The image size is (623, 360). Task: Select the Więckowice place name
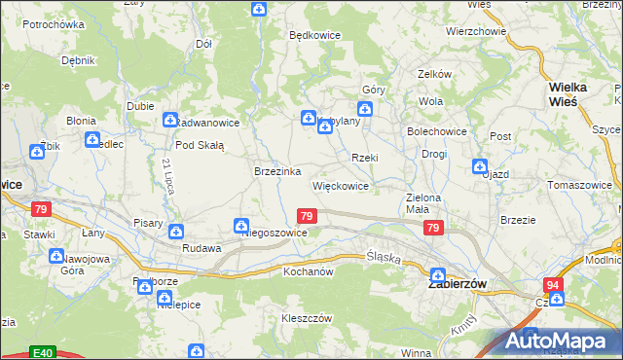click(340, 185)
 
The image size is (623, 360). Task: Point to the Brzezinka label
click(275, 170)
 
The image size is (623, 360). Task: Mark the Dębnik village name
click(77, 59)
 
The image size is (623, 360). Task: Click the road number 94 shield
click(553, 284)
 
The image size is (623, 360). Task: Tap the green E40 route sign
click(41, 351)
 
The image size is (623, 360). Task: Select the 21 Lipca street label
click(167, 175)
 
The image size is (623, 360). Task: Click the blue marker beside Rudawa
click(175, 232)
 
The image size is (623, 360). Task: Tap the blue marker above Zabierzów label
click(437, 275)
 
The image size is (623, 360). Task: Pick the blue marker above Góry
click(365, 108)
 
